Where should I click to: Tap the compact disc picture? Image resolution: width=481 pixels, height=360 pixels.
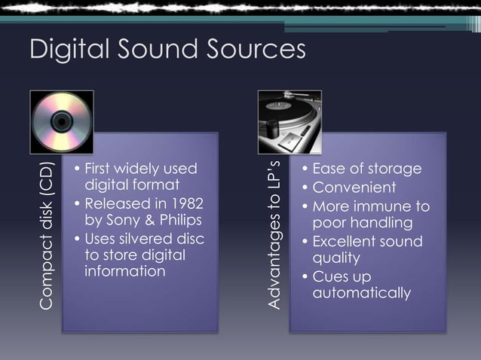coord(62,121)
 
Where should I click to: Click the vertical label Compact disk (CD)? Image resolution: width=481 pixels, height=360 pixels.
coord(47,235)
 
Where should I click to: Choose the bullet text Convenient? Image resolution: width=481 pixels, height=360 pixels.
coord(354,187)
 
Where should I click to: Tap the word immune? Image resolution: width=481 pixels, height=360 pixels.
coord(387,206)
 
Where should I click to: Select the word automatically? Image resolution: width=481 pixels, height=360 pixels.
coord(362,292)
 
